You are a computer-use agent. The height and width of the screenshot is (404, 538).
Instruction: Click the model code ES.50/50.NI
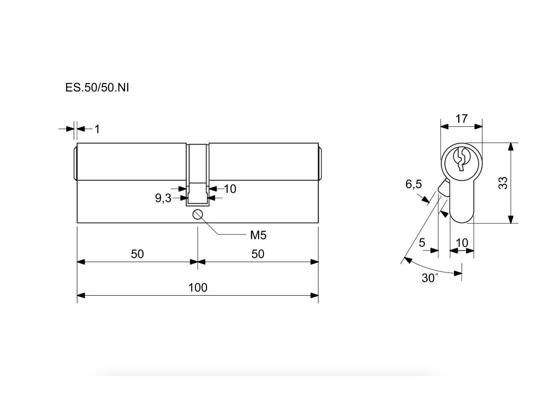click(97, 88)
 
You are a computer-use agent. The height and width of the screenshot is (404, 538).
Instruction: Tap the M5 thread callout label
click(258, 235)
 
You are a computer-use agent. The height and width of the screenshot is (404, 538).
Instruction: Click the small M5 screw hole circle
click(198, 214)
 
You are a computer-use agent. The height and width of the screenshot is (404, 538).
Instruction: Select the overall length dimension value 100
click(198, 287)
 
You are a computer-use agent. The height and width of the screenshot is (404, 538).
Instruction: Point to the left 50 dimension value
click(137, 254)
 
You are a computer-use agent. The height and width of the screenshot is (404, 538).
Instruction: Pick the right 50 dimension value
click(257, 254)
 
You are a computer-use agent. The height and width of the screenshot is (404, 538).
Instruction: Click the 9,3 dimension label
click(163, 198)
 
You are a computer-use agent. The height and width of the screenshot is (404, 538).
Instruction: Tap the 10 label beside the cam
click(230, 188)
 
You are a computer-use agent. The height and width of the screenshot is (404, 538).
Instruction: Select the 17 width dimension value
click(461, 118)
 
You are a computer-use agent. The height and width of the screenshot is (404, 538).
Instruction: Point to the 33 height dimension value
click(503, 183)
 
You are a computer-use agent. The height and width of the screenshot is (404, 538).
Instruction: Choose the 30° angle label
click(429, 278)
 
